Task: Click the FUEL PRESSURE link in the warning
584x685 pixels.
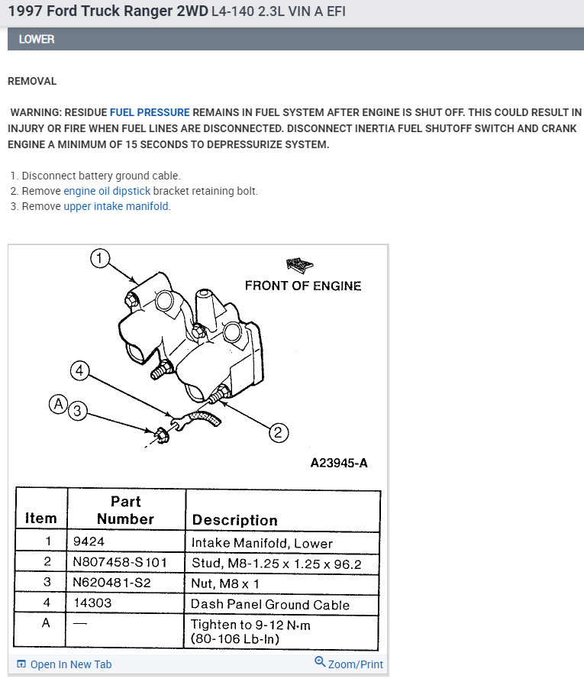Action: click(x=150, y=111)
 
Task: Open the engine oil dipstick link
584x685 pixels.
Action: click(x=107, y=191)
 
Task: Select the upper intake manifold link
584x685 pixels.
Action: click(x=116, y=206)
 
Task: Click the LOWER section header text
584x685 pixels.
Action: click(x=37, y=39)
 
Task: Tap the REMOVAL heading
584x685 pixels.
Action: click(x=32, y=81)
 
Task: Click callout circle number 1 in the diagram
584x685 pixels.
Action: click(x=99, y=258)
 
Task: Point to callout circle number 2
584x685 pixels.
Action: click(x=278, y=433)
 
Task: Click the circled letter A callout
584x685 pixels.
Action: click(x=58, y=405)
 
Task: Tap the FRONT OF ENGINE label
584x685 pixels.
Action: click(x=302, y=286)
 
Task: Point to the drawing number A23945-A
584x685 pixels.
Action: click(x=338, y=463)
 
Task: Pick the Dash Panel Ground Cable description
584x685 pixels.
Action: click(x=269, y=604)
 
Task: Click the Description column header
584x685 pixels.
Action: click(x=234, y=520)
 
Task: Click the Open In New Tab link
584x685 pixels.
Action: click(x=64, y=664)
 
